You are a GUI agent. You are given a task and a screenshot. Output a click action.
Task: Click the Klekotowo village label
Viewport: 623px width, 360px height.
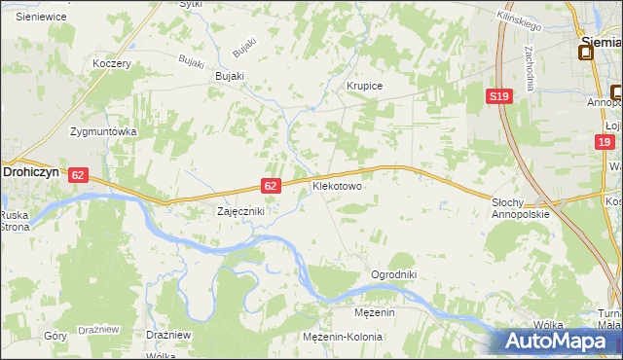[x=337, y=184]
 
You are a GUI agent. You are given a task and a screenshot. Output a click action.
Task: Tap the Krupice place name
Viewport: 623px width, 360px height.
[x=365, y=87]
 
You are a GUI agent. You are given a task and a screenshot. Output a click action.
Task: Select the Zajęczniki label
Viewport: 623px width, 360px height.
[x=239, y=210]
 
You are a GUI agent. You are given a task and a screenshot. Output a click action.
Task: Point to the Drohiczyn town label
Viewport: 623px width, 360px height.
[x=32, y=169]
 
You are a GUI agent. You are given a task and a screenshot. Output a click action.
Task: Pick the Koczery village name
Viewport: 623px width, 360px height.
[x=111, y=63]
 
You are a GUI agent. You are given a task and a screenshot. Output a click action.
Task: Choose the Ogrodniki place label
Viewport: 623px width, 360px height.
[x=393, y=274]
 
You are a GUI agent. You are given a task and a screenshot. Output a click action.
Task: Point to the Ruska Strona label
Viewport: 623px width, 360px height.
[x=15, y=220]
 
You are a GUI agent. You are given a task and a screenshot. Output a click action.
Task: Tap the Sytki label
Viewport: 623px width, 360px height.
[x=192, y=4]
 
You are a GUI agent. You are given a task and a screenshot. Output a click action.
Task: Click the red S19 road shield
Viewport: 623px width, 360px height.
[x=499, y=95]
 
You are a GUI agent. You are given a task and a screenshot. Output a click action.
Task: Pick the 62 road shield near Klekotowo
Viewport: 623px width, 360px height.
[x=273, y=185]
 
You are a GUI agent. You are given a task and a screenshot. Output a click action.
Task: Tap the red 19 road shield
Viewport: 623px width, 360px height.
[x=605, y=142]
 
